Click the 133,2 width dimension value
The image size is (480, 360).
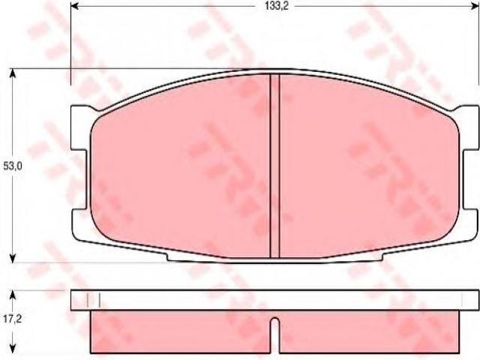pos(277,7)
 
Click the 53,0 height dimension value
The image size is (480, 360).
pos(12,166)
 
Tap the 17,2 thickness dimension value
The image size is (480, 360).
pos(12,319)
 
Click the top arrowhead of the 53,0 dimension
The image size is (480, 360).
pos(13,73)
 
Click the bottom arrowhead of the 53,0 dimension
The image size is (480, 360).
pos(13,258)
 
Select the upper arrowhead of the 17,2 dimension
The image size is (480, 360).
pos(13,295)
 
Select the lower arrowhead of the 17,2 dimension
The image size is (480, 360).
pos(13,348)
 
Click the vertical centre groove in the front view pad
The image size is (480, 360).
pos(274,166)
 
